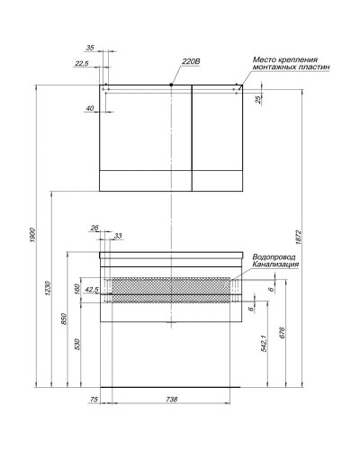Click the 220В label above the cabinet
coord(189,62)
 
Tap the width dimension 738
coord(171,399)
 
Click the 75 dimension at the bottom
coord(94,399)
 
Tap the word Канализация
coord(275,265)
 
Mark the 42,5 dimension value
coord(90,290)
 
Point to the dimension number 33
coord(117,236)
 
